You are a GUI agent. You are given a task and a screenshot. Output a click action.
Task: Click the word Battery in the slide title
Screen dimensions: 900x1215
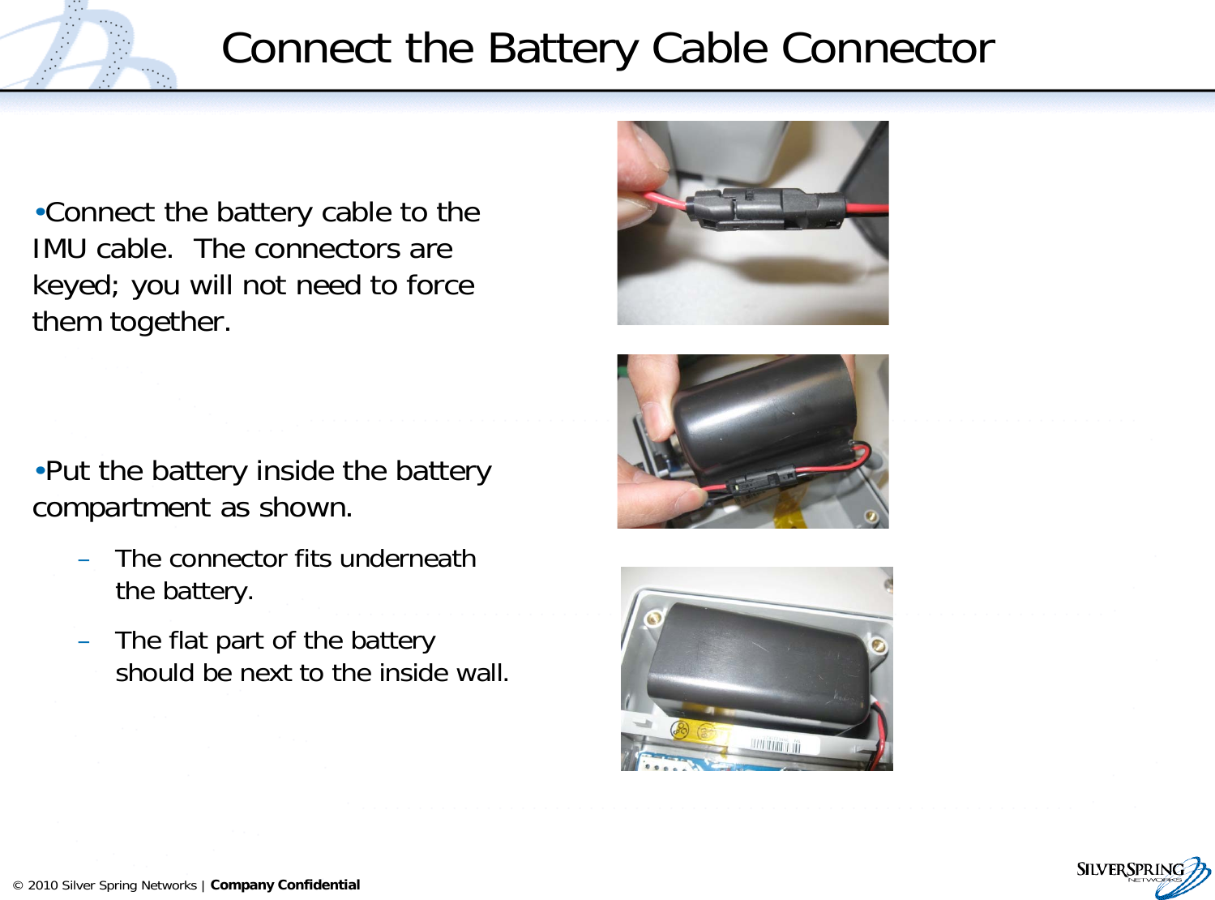click(564, 49)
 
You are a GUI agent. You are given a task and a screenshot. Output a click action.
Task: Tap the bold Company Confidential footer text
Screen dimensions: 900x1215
click(284, 885)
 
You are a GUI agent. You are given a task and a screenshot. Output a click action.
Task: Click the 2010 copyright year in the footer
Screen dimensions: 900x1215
click(43, 885)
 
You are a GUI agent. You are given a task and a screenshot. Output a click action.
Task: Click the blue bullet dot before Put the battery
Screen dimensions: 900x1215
click(39, 471)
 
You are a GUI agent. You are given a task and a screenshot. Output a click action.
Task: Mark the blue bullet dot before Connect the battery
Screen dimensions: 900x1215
click(39, 212)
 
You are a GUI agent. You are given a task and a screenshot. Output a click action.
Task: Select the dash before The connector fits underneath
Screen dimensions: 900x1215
click(83, 559)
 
